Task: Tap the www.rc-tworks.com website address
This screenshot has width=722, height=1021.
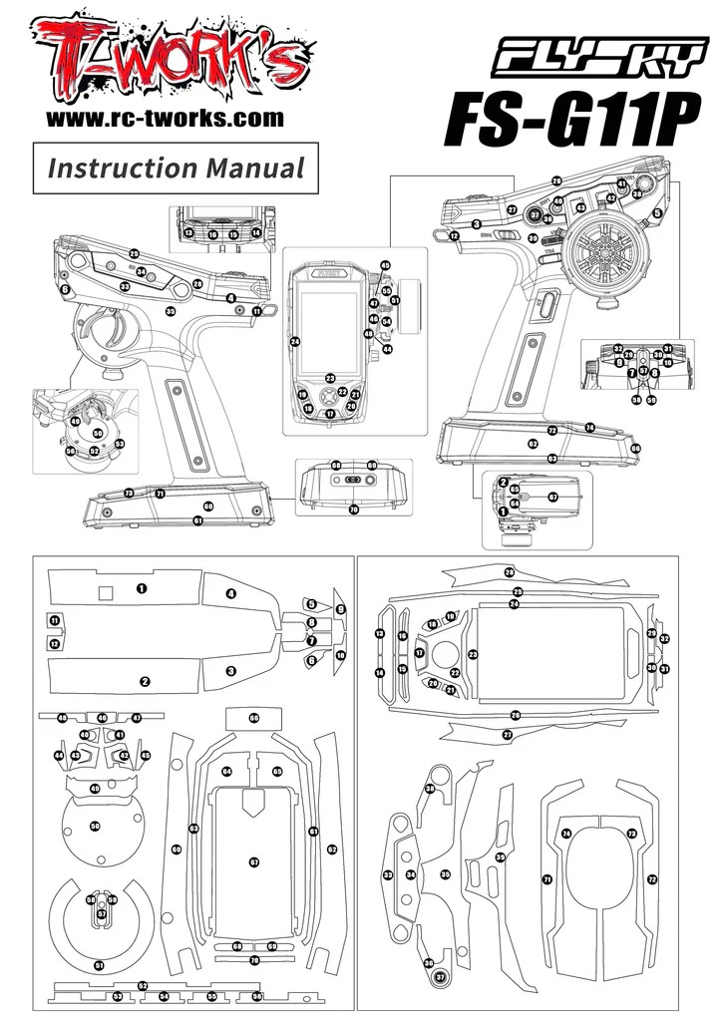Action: coord(165,119)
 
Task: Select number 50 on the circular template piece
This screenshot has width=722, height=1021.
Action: coord(96,827)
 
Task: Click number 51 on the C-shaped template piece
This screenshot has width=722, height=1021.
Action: coord(98,965)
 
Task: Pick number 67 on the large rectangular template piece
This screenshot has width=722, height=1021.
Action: coord(254,861)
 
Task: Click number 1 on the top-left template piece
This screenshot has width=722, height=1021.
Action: coord(143,588)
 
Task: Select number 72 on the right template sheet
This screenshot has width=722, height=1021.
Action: coord(652,879)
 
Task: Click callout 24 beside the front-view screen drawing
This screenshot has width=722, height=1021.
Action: coord(295,342)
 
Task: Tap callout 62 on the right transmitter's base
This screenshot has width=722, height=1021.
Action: coord(533,443)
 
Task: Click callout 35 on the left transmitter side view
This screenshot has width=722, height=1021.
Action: coord(171,312)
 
